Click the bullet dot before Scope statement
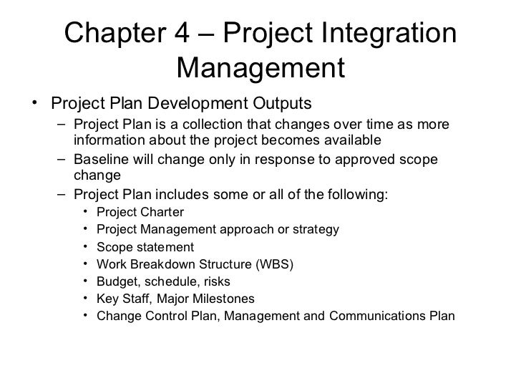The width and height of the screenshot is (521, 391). click(x=87, y=247)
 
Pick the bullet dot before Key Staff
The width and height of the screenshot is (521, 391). click(x=87, y=299)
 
